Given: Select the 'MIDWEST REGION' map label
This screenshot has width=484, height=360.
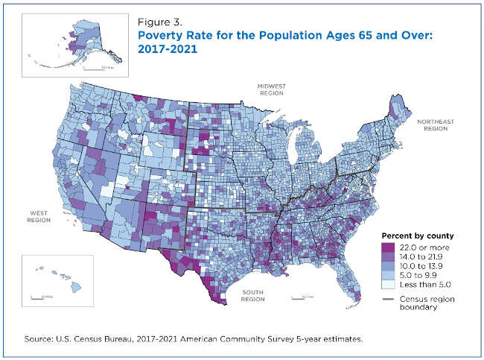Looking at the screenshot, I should (x=273, y=91).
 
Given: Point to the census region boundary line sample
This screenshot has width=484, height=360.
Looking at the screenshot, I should (x=389, y=298).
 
